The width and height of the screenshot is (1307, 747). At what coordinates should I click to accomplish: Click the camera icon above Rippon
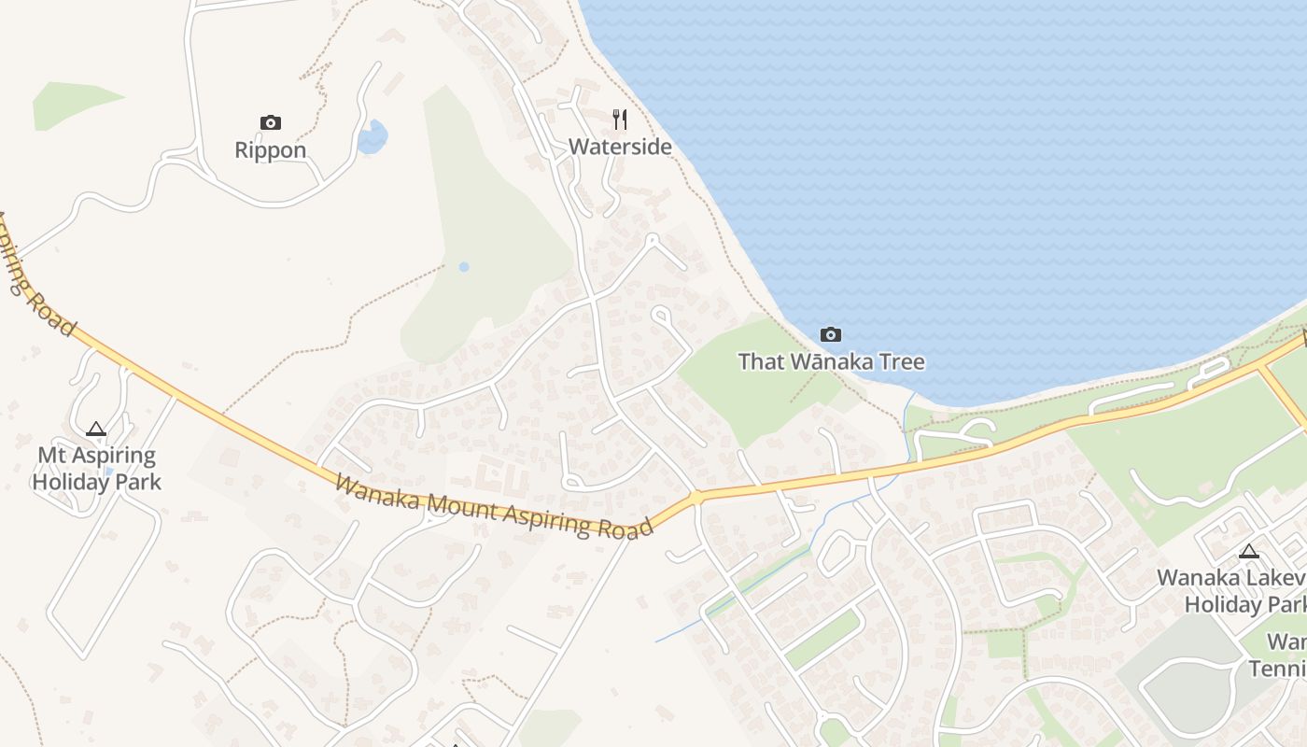click(271, 122)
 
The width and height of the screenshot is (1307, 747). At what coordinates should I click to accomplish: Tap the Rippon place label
click(271, 150)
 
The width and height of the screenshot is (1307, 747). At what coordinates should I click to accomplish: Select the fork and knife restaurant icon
click(620, 120)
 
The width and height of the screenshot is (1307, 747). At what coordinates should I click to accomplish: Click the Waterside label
click(620, 147)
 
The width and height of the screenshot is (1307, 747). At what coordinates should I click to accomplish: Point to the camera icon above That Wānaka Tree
click(830, 334)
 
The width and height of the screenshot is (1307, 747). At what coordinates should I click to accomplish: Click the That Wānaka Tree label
click(831, 361)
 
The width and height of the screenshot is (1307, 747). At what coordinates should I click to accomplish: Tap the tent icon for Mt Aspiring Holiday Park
click(95, 430)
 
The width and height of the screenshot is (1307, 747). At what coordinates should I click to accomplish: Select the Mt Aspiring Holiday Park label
click(96, 469)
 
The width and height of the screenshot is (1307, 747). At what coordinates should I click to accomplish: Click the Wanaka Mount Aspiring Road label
click(493, 508)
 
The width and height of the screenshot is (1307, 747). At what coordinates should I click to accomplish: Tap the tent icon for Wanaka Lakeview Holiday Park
click(1248, 551)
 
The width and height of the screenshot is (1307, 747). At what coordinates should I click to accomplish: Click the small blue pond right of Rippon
click(372, 138)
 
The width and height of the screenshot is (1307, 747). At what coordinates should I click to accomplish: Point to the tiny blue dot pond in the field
click(464, 267)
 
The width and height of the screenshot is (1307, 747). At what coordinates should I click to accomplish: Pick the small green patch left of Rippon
click(70, 104)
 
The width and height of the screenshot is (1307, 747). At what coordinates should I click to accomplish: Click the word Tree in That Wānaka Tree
click(902, 361)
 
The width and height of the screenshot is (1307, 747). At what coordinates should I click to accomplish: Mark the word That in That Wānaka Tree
click(761, 361)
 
